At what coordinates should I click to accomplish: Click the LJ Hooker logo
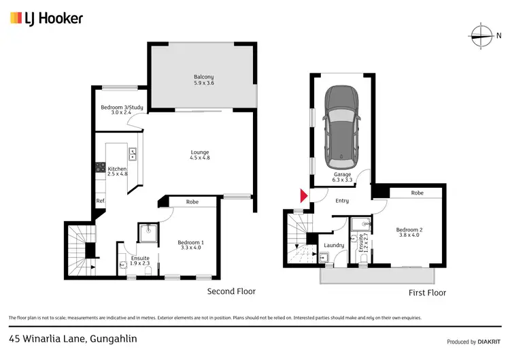[x=46, y=18]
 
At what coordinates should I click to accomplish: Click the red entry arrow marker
[x=303, y=197]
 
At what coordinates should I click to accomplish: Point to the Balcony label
[x=203, y=80]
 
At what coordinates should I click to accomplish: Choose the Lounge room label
[x=199, y=155]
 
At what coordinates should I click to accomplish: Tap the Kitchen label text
[x=117, y=171]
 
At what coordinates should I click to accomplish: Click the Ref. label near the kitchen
[x=100, y=201]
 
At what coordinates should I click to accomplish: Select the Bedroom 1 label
[x=190, y=246]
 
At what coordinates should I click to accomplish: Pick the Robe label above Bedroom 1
[x=192, y=201]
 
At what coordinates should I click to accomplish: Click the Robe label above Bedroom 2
[x=417, y=193]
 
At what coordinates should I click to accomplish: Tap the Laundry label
[x=333, y=245]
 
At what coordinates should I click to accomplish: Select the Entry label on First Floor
[x=341, y=200]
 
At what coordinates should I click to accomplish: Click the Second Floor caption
[x=231, y=291]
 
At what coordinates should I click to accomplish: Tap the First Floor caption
[x=427, y=293]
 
